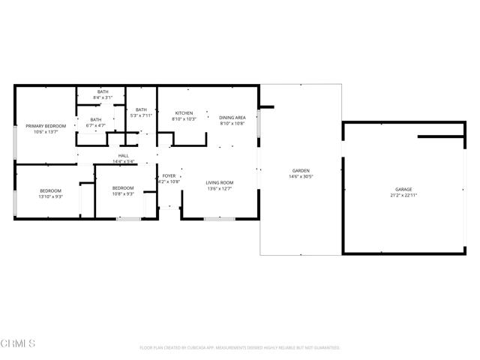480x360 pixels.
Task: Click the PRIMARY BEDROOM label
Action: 46,126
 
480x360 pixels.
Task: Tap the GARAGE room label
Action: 404,189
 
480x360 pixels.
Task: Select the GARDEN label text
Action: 301,171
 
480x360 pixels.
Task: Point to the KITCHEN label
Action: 184,113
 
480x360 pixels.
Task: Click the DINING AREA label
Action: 232,118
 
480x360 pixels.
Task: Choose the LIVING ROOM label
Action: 220,182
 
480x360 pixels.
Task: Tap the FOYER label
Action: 169,175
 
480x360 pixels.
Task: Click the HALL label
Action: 123,155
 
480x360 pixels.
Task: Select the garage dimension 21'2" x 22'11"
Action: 404,195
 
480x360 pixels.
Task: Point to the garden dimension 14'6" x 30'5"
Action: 301,177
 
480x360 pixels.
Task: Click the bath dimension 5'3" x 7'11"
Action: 141,115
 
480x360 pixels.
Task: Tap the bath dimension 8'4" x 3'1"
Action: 103,97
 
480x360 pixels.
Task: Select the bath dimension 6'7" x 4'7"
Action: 96,125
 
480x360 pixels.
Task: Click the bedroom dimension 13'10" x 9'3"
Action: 51,196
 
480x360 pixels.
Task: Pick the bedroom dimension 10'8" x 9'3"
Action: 123,193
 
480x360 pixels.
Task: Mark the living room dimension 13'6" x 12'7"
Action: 220,188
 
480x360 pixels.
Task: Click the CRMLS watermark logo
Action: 19,343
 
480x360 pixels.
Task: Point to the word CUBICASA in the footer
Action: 211,348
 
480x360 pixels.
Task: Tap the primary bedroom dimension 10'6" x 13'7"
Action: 46,132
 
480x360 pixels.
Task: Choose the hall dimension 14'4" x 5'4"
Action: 123,161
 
